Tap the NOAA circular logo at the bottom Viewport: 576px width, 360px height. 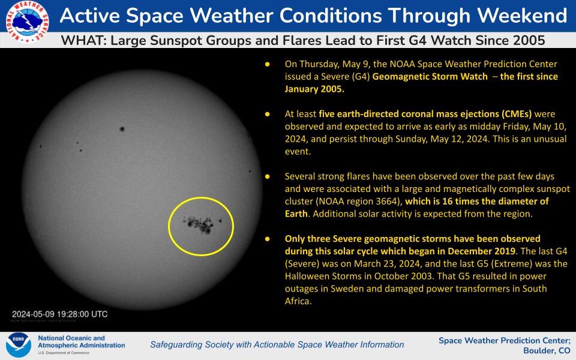click(18, 345)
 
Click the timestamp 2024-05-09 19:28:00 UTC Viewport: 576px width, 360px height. click(60, 314)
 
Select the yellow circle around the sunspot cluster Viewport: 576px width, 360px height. click(200, 226)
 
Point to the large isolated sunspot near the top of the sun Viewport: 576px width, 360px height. click(122, 128)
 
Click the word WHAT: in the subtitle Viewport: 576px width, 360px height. click(82, 40)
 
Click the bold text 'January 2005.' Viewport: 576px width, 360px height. click(315, 89)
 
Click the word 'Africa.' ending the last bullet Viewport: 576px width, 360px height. click(298, 302)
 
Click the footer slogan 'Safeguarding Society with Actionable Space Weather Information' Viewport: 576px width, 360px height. click(277, 344)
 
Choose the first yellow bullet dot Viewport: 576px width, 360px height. click(268, 64)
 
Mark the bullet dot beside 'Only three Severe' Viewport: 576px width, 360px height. click(268, 239)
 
